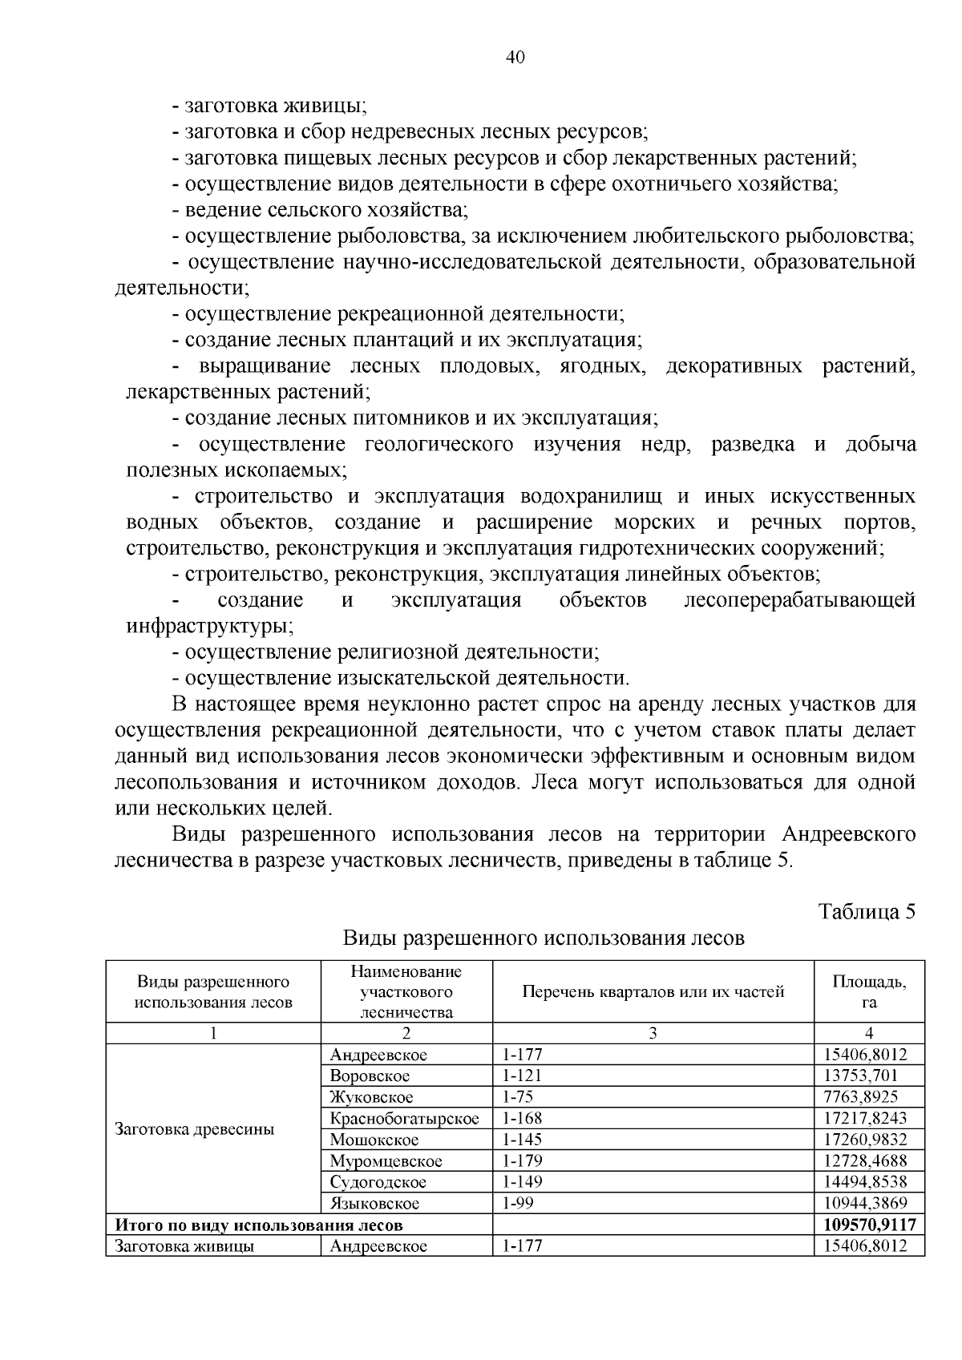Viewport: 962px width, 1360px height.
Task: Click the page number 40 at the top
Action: tap(515, 57)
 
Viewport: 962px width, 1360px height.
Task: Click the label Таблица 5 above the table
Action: tap(866, 912)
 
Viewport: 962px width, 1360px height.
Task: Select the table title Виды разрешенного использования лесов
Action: tap(544, 938)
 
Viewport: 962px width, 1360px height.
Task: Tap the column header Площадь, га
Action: tap(869, 991)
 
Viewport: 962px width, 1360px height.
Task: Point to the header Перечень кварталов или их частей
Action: tap(653, 991)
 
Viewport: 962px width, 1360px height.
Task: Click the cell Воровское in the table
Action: tap(370, 1075)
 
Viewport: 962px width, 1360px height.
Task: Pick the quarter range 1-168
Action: tap(522, 1118)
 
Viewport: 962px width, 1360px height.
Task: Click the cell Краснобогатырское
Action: tap(404, 1118)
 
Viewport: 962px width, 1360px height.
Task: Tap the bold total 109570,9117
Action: tap(868, 1225)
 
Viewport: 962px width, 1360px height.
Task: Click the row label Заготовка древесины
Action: tap(195, 1129)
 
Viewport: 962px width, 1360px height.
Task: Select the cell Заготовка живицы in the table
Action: tap(185, 1246)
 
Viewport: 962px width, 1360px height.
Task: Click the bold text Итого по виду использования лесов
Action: tap(259, 1225)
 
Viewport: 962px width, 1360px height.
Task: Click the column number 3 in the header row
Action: tap(653, 1033)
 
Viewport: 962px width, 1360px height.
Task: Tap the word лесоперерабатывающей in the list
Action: tap(799, 600)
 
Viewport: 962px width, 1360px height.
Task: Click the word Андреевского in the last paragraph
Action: tap(847, 834)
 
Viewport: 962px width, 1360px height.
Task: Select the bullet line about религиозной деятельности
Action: tap(386, 652)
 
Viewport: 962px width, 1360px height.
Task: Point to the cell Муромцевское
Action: tap(386, 1160)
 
